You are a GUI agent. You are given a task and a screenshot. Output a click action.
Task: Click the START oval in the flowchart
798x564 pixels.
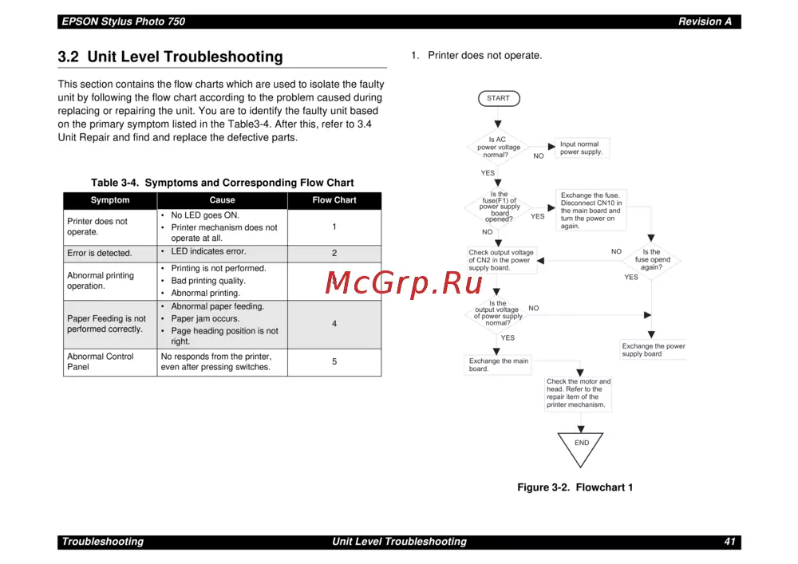coord(499,99)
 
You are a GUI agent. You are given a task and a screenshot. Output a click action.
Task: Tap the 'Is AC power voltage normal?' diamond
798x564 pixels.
coord(499,148)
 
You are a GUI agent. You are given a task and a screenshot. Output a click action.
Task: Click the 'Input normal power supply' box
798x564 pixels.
coord(582,148)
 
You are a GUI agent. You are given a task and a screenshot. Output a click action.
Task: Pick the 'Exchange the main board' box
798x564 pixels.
coord(499,365)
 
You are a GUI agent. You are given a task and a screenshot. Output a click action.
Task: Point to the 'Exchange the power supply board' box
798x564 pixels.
coord(654,350)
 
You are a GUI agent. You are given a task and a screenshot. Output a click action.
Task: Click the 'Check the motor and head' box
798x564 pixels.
coord(579,393)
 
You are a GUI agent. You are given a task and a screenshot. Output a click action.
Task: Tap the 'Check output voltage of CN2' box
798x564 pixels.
coord(501,260)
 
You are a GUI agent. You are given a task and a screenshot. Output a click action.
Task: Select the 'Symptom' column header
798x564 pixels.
coord(110,200)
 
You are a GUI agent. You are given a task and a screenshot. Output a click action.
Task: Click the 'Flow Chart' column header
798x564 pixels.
coord(334,200)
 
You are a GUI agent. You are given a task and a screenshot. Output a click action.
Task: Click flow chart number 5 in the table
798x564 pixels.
coord(334,362)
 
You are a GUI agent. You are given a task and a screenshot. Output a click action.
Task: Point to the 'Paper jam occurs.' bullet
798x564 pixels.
coord(205,319)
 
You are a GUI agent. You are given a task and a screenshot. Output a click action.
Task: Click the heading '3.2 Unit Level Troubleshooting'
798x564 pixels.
coord(170,57)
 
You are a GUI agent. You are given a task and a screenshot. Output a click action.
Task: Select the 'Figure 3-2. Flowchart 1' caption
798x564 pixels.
coord(575,487)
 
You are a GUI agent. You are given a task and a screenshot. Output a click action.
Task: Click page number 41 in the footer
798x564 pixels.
coord(729,542)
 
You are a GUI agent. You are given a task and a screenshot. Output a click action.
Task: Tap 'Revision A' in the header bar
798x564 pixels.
coord(705,22)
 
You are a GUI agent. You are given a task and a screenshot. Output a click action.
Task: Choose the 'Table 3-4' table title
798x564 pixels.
coord(222,183)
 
